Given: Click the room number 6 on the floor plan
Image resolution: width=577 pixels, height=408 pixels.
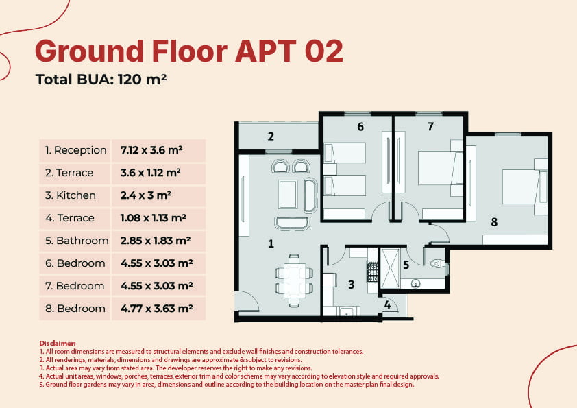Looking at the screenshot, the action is (360, 127).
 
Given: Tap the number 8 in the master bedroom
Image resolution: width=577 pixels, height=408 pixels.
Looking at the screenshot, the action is (494, 221).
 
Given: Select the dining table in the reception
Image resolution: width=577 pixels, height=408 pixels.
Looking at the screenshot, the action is (294, 280).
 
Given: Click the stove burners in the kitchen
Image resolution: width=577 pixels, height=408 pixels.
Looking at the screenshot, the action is (372, 272).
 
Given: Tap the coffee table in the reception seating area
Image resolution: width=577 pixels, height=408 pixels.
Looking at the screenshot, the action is (288, 195).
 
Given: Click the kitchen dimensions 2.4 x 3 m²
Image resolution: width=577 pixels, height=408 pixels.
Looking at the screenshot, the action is (146, 195).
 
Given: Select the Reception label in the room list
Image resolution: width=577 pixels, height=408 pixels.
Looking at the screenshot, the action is (75, 150).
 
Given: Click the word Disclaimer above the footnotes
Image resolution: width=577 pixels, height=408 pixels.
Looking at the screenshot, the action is (58, 343).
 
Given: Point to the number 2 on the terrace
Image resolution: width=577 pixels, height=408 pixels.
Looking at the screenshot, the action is (271, 136).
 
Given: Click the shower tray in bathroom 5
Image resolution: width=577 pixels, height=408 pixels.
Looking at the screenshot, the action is (390, 268).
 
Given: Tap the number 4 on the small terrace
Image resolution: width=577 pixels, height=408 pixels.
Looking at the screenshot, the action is (387, 304).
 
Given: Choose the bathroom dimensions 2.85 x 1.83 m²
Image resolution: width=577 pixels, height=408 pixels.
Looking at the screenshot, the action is (156, 241).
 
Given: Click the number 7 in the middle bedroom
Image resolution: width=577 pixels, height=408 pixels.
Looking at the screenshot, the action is (430, 127).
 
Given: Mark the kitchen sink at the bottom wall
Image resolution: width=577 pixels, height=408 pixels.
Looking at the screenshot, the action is (346, 312).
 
